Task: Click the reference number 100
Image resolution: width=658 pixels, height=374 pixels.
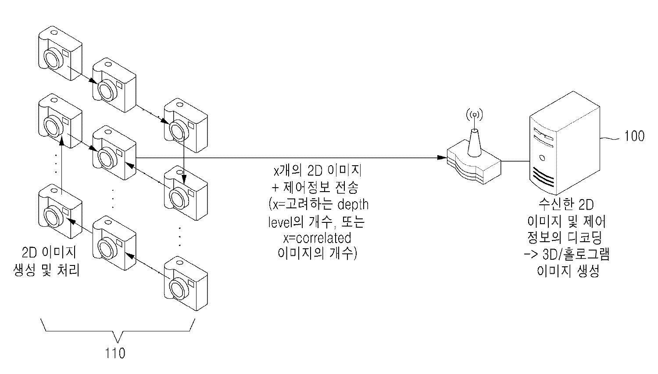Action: click(634, 136)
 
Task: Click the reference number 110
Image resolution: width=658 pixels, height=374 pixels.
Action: click(115, 353)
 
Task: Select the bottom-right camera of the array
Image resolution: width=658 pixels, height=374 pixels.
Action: click(185, 286)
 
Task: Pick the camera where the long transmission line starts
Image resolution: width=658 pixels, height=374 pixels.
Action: click(113, 152)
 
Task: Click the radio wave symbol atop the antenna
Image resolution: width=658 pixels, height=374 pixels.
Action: click(474, 115)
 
